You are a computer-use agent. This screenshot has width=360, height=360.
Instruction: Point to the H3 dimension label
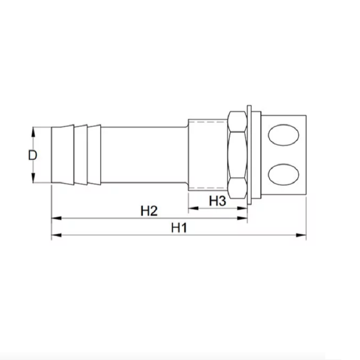click(x=218, y=201)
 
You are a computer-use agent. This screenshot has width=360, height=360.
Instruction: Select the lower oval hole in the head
click(x=283, y=174)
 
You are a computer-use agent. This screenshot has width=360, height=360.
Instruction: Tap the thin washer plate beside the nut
click(x=249, y=155)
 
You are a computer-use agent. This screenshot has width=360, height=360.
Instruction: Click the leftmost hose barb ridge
click(x=62, y=155)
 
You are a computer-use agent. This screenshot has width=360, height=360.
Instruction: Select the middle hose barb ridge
click(x=81, y=155)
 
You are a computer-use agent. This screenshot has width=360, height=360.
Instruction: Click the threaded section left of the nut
click(x=207, y=155)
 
